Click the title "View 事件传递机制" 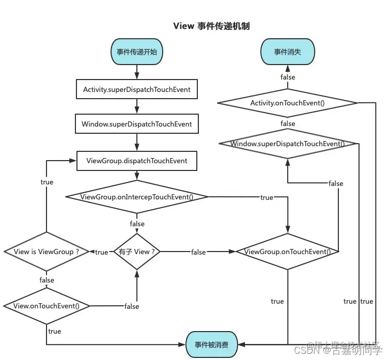coord(211,26)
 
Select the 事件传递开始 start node coord(137,52)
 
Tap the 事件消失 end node coord(288,52)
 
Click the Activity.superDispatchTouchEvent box coord(137,89)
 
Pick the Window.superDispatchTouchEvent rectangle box coord(137,124)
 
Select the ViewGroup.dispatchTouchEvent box coord(137,161)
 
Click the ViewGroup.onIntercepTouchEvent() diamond coord(137,197)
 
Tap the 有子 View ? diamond coord(137,252)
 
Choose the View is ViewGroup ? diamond coord(46,252)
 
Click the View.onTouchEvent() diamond coord(46,306)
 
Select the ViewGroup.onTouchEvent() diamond coord(288,252)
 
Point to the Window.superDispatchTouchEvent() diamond coord(288,144)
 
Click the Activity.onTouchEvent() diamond coord(288,103)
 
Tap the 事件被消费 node coord(211,343)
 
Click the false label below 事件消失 coord(288,77)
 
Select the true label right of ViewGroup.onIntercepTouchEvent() coord(267,197)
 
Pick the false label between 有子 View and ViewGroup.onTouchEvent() coord(198,252)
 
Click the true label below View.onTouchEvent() coord(54,331)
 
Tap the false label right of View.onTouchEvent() coord(132,306)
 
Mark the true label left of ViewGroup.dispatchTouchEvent coord(46,182)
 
